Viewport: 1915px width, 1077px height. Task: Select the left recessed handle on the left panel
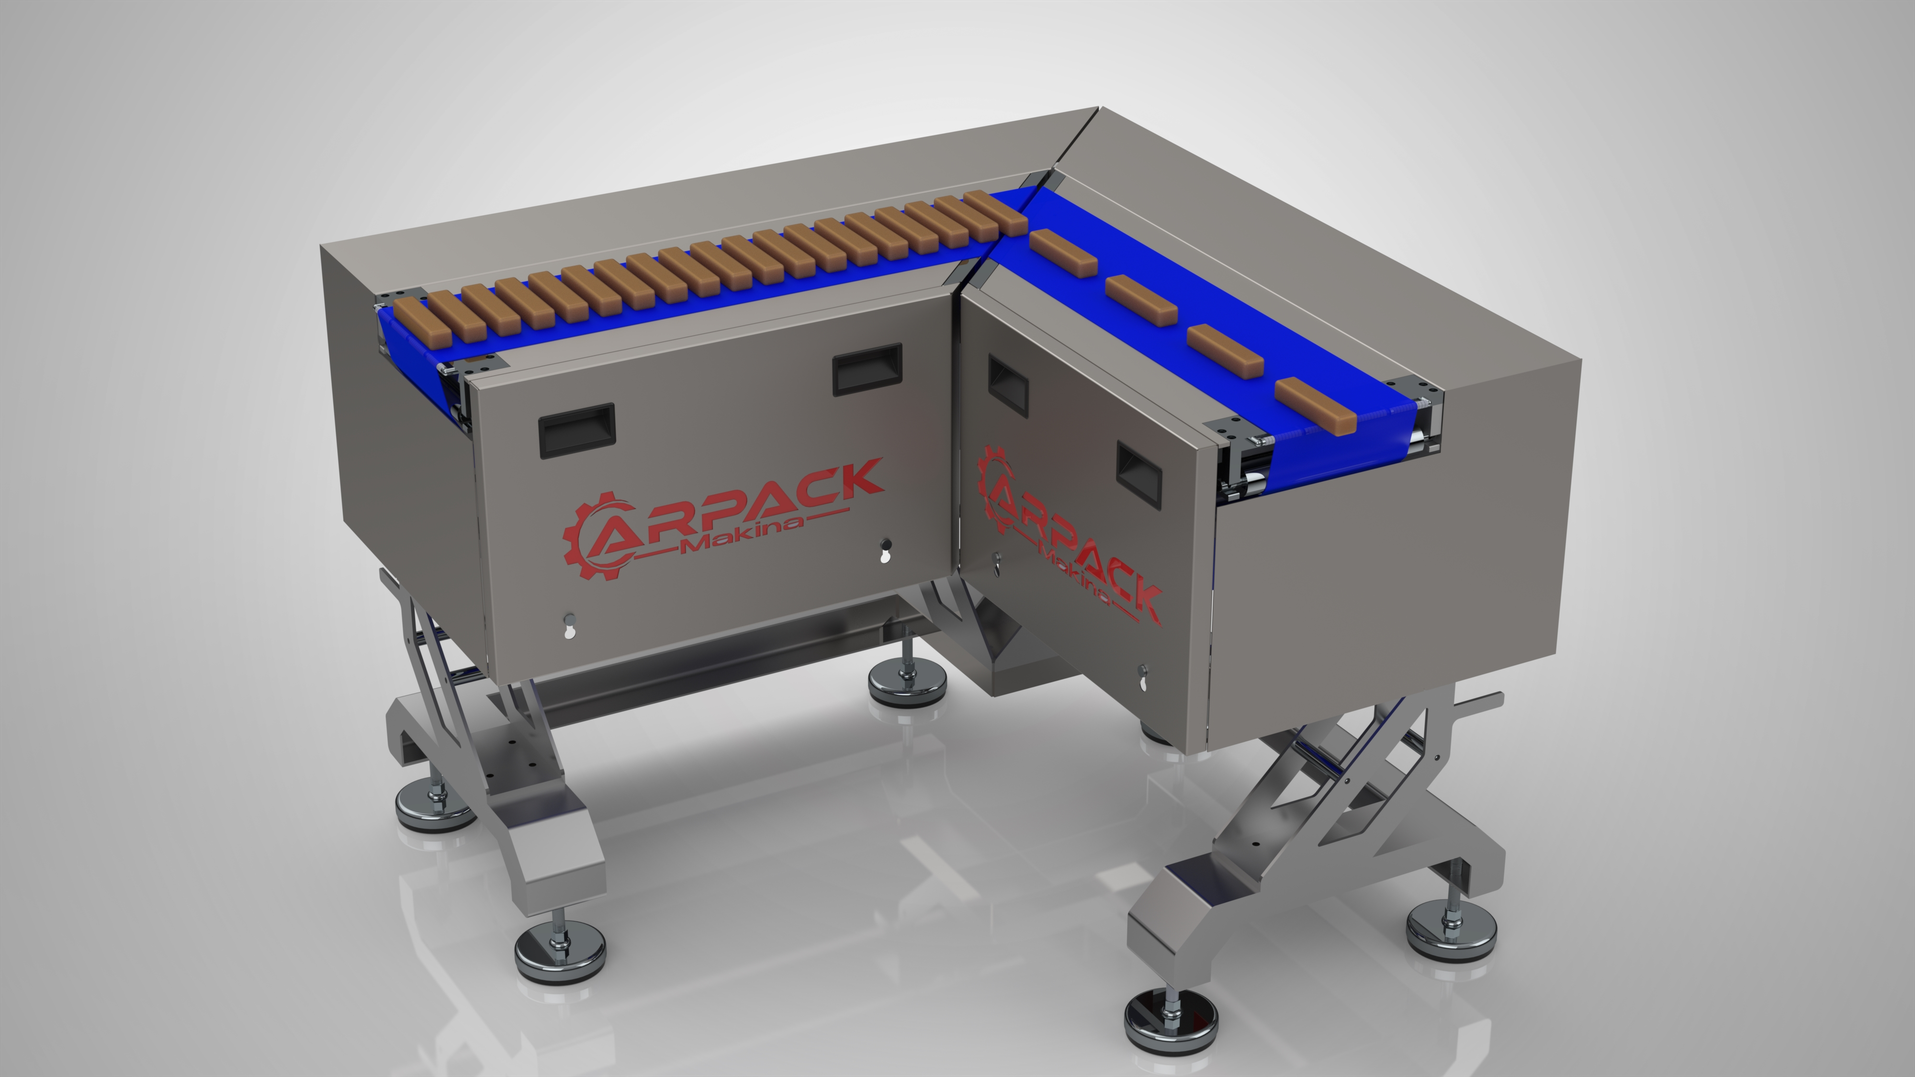577,430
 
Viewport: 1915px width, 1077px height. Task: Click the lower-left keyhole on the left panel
569,626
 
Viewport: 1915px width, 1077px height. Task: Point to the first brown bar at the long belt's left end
422,325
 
